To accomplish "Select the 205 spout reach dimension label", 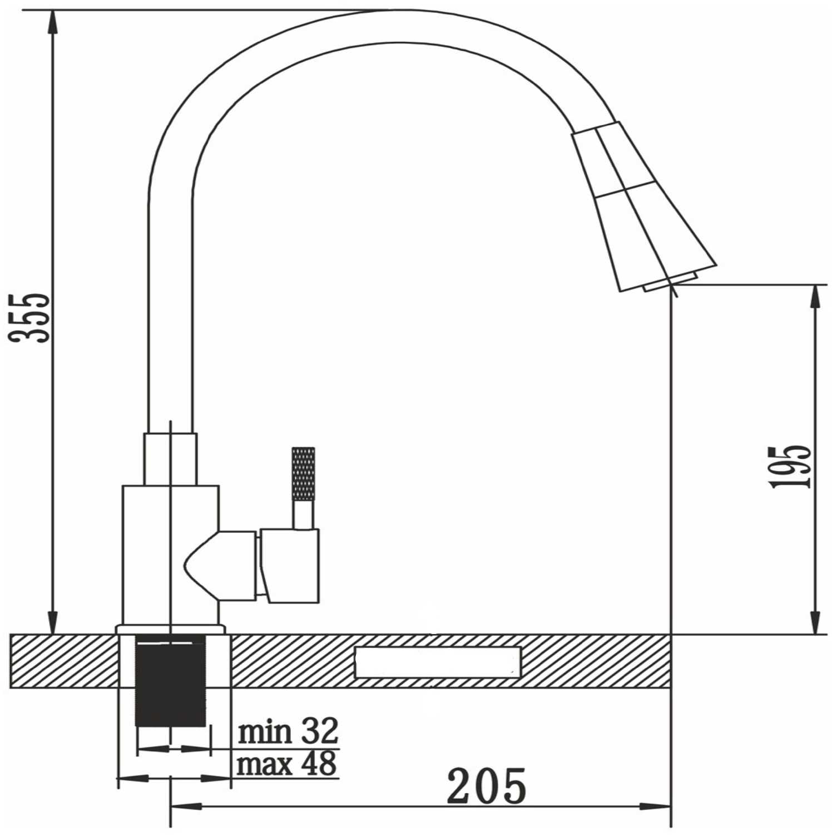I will pos(487,786).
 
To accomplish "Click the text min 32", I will pos(288,731).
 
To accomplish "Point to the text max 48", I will pos(287,763).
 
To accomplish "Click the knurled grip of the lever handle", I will pos(303,474).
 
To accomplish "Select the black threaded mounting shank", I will pos(171,681).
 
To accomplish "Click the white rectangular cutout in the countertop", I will pos(438,662).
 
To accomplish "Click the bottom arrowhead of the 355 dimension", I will pos(53,623).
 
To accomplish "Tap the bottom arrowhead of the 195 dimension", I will pos(816,623).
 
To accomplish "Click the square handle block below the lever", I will pos(290,566).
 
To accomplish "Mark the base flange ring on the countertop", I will pos(170,629).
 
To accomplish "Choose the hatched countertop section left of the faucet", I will pos(64,661).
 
